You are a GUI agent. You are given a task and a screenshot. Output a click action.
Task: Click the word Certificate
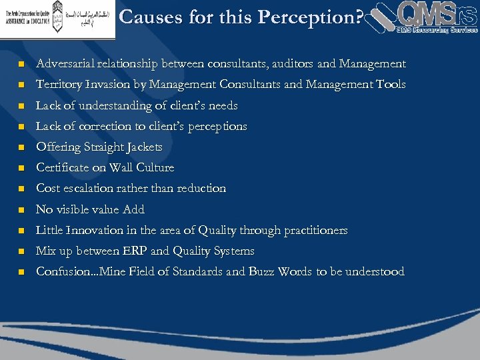(65, 167)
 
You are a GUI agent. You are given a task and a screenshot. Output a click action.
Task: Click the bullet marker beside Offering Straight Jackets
(21, 147)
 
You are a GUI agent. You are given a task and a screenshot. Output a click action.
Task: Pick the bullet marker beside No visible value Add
(21, 210)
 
